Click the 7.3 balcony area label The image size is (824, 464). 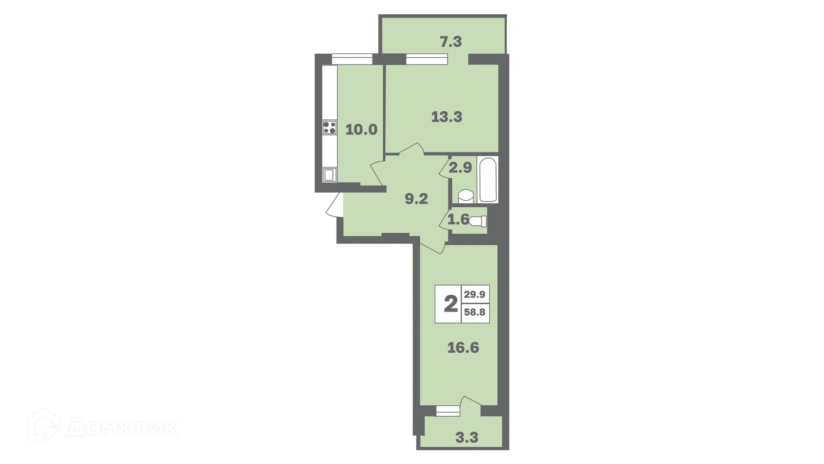click(x=451, y=42)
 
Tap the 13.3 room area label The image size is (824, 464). click(x=447, y=116)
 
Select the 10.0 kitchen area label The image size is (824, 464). click(x=361, y=129)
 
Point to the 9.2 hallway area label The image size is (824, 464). click(x=416, y=199)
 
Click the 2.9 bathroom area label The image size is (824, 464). click(x=460, y=168)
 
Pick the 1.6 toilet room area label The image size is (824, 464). click(x=458, y=220)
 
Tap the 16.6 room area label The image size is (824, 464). click(x=463, y=347)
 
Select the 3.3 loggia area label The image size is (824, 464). click(x=467, y=438)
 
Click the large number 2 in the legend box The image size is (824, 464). click(x=450, y=304)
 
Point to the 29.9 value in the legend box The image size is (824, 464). click(x=475, y=294)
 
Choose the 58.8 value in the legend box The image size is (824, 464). click(x=475, y=312)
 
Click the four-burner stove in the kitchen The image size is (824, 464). click(x=330, y=128)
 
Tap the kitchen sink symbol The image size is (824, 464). click(x=330, y=175)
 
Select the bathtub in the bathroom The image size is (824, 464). click(x=488, y=180)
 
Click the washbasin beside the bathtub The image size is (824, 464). click(x=466, y=197)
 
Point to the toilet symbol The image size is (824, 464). click(x=478, y=221)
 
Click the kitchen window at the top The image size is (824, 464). click(x=352, y=59)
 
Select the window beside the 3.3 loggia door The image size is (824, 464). click(x=448, y=411)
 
